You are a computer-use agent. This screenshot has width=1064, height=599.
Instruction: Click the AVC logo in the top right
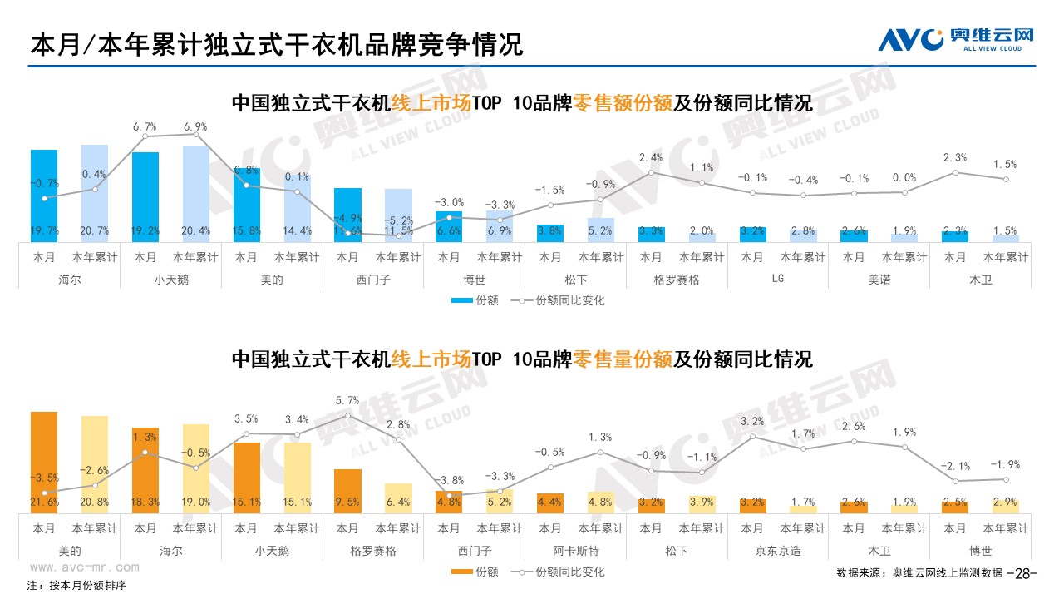(956, 38)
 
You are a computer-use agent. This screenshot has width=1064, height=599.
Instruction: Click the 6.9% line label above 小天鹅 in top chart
(195, 126)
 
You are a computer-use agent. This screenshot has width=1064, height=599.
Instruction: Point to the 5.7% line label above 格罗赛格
(348, 400)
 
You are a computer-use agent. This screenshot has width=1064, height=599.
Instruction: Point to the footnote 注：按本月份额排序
(76, 586)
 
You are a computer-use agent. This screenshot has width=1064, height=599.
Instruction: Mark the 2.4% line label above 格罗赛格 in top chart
(651, 157)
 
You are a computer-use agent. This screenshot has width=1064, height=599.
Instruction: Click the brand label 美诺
(879, 280)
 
